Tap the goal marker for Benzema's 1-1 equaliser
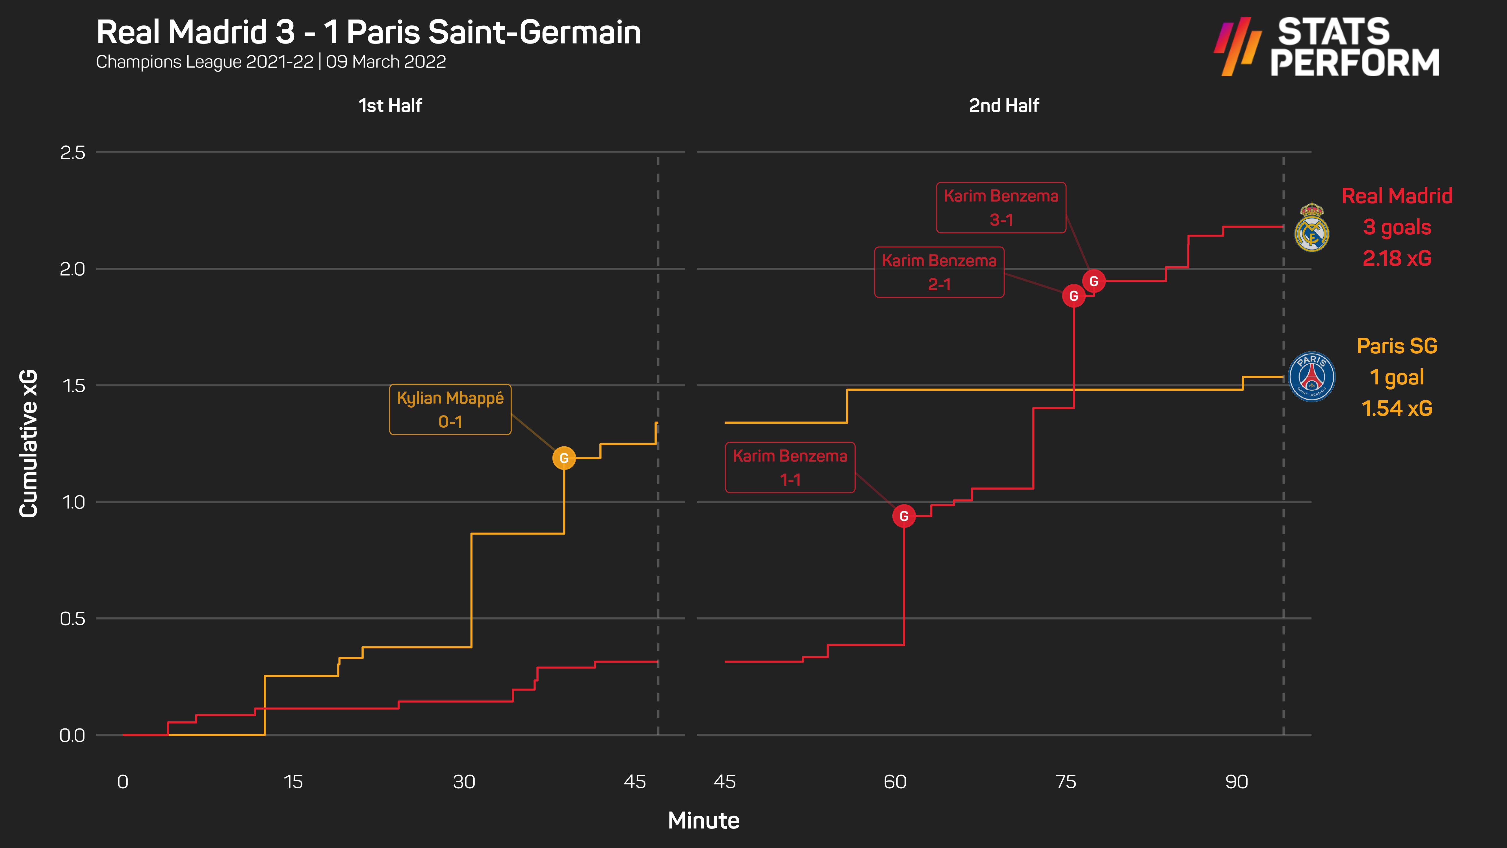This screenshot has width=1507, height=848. coord(904,516)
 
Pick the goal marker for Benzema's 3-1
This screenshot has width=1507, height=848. coord(1093,281)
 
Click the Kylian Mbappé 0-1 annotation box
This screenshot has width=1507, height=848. coord(450,410)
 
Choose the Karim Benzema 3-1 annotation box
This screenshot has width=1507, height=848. coord(1001,208)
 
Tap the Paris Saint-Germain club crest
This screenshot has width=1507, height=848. coord(1312,376)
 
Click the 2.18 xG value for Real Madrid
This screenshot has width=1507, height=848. coord(1397,258)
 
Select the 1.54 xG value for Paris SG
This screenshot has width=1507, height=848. coord(1397,408)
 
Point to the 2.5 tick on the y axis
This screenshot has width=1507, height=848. coord(73,153)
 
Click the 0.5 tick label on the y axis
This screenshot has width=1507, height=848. coord(73,618)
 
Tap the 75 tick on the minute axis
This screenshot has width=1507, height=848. coord(1066,782)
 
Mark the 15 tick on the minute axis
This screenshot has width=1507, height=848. coord(293,782)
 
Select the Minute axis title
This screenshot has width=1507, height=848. coord(704,821)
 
